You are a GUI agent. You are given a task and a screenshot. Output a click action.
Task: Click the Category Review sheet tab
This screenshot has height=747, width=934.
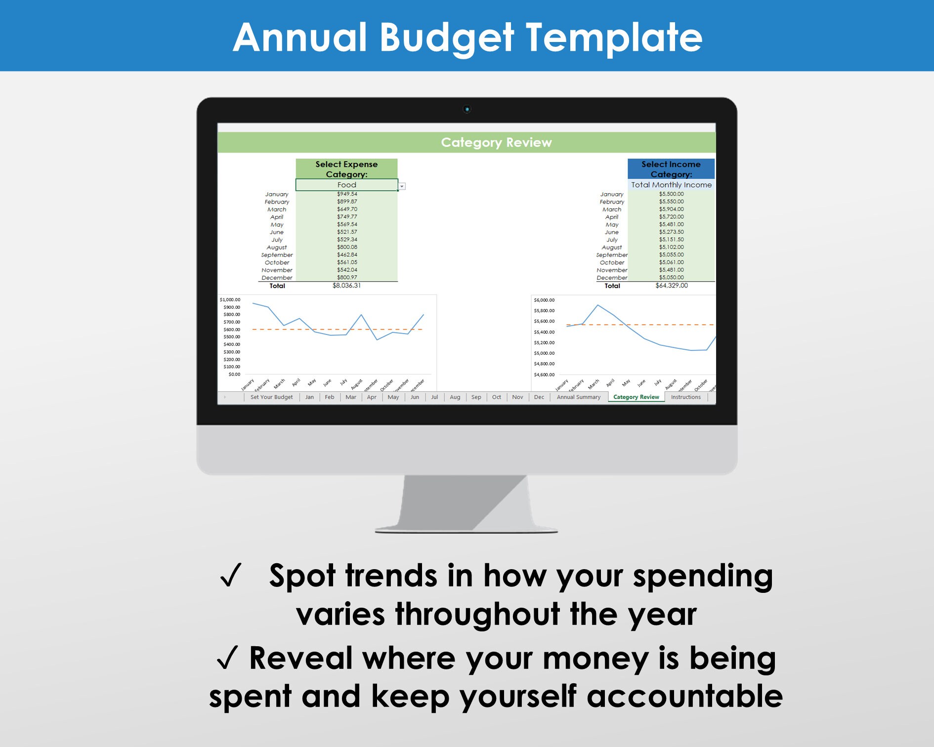coord(636,397)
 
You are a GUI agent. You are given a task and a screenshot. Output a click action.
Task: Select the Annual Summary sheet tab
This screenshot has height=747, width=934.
coord(578,397)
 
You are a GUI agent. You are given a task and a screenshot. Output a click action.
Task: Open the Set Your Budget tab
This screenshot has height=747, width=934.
coord(271,397)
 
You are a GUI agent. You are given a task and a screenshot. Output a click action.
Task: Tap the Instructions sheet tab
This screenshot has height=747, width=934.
coord(685,397)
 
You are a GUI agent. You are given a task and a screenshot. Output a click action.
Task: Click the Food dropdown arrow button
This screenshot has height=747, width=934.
coord(402,186)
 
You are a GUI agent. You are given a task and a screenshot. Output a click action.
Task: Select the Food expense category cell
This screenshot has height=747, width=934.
coord(346,185)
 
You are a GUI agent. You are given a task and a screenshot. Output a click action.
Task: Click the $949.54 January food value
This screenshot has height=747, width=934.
coord(347,194)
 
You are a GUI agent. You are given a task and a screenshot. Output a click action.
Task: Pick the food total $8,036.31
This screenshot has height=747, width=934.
coord(346,286)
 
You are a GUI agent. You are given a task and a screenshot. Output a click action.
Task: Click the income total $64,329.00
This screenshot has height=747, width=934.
coord(671,286)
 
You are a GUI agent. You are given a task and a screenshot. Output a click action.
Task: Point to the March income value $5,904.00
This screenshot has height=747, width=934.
coord(671,209)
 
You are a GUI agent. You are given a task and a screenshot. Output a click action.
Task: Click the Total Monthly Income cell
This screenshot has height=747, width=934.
coord(671,185)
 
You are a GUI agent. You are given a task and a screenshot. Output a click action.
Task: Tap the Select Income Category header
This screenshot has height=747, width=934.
coord(671,169)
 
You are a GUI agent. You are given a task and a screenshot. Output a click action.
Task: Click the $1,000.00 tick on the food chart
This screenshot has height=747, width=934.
coord(230,300)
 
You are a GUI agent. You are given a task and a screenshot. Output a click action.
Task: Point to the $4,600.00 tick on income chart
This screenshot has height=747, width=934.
coord(544,375)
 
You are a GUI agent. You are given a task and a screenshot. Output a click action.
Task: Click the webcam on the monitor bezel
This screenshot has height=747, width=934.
coord(467,109)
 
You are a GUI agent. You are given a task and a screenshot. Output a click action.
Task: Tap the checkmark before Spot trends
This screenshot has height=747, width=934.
coord(231,576)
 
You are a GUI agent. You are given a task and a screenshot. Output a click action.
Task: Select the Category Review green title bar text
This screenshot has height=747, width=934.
coord(496,142)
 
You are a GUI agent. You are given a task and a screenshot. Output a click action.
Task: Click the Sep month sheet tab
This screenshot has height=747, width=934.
coord(476,397)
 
